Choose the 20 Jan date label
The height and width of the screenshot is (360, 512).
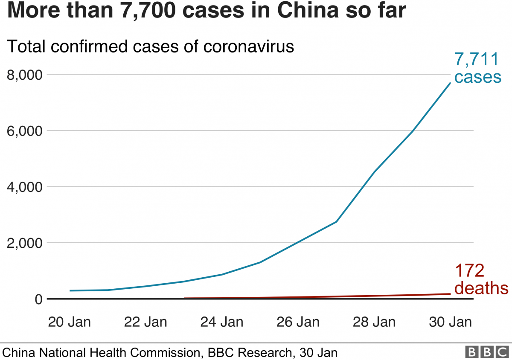click(x=70, y=322)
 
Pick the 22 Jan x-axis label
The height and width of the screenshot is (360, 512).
click(x=145, y=322)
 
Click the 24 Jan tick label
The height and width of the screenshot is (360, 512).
click(x=222, y=322)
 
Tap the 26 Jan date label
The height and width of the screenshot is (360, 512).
click(x=298, y=322)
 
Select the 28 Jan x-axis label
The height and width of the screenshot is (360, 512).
click(x=374, y=322)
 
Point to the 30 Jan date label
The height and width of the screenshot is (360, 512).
click(x=451, y=322)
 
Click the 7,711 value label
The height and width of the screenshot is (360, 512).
click(x=477, y=59)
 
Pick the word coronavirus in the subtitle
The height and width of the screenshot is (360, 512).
click(x=249, y=46)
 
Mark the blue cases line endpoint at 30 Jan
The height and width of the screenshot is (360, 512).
click(x=450, y=83)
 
